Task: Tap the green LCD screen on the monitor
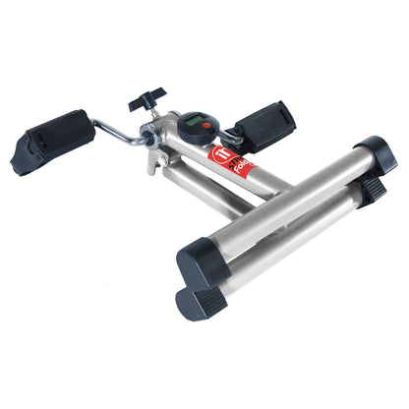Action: point(192,124)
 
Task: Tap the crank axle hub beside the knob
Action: point(157,138)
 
